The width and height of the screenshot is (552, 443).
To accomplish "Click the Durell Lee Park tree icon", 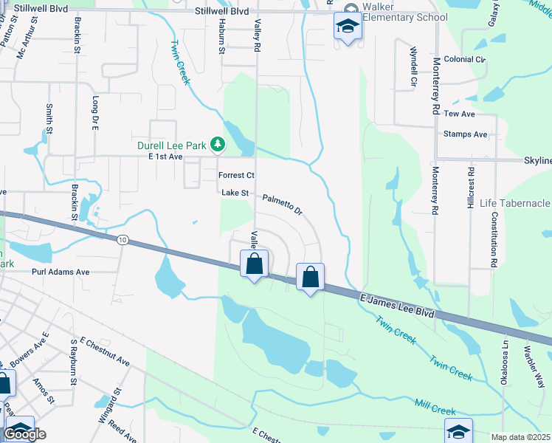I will (217, 145).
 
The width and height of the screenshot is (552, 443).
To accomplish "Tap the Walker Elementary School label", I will (399, 13).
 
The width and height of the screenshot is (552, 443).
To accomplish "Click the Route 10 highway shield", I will (123, 239).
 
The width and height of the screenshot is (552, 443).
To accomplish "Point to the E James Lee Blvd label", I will (397, 305).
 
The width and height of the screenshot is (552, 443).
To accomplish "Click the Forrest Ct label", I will (236, 176).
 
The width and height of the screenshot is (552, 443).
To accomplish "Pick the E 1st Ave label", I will (165, 157).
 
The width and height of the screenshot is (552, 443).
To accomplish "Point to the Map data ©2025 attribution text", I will (521, 437).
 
